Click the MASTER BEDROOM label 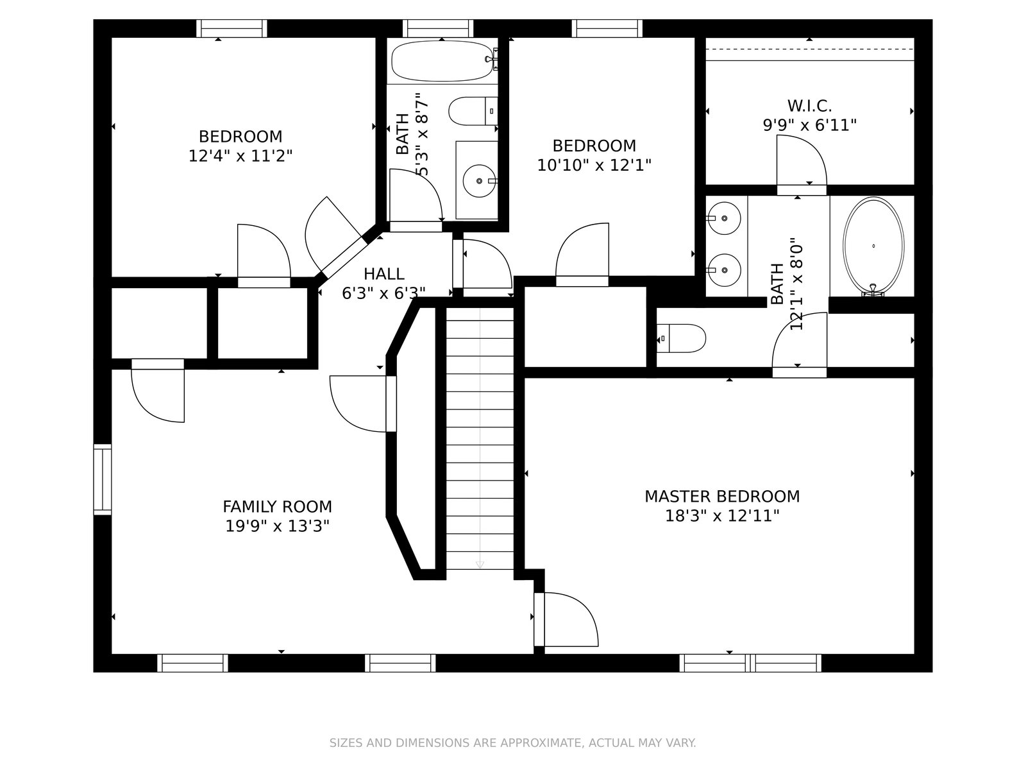(x=721, y=496)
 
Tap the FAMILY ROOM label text (x=277, y=506)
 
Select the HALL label (x=383, y=273)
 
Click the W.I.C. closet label (x=810, y=106)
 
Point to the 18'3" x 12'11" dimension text (x=722, y=516)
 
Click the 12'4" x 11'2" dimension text (x=240, y=156)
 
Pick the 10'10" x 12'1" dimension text (x=594, y=165)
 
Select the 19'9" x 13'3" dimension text (x=277, y=526)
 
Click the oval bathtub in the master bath (x=873, y=246)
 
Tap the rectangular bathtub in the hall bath (x=442, y=61)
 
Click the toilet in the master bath (x=682, y=338)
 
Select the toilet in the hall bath (x=473, y=111)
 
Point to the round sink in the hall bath (x=479, y=181)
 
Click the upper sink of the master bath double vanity (x=724, y=218)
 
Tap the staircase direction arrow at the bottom (x=480, y=565)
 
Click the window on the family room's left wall (x=103, y=480)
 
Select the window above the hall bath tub (x=438, y=28)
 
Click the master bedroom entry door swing (x=571, y=619)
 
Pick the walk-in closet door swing (x=802, y=160)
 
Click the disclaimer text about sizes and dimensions (x=513, y=742)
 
